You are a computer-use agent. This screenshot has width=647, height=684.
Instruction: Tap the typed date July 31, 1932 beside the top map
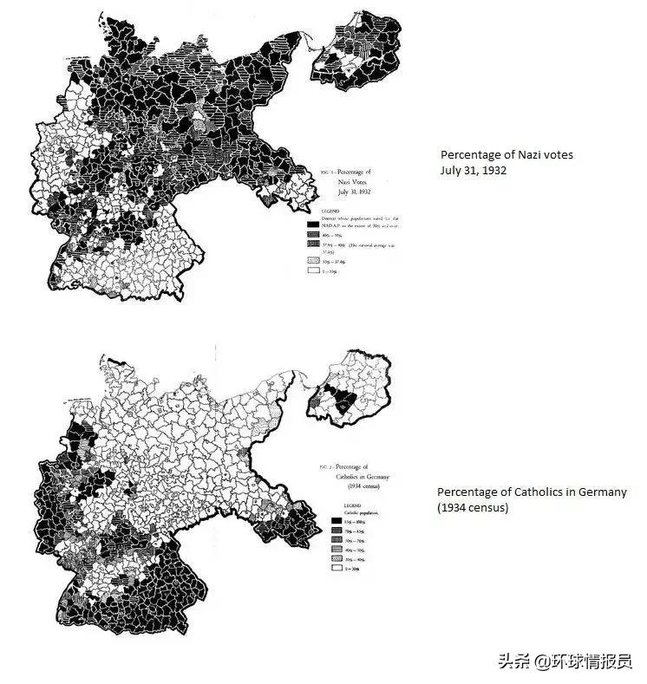(x=474, y=170)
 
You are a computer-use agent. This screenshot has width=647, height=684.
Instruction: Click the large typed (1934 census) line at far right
(x=473, y=507)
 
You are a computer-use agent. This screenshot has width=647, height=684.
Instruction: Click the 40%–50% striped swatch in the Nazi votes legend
(x=313, y=233)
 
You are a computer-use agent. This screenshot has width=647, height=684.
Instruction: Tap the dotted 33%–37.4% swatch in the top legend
(x=313, y=259)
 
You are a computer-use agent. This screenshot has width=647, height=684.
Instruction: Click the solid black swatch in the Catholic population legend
(x=337, y=520)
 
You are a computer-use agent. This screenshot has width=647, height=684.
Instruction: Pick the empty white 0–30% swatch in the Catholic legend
(x=337, y=568)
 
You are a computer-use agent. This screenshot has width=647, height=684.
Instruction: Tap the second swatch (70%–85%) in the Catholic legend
(x=337, y=530)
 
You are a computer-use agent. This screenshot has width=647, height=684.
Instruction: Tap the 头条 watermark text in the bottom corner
(x=513, y=661)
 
